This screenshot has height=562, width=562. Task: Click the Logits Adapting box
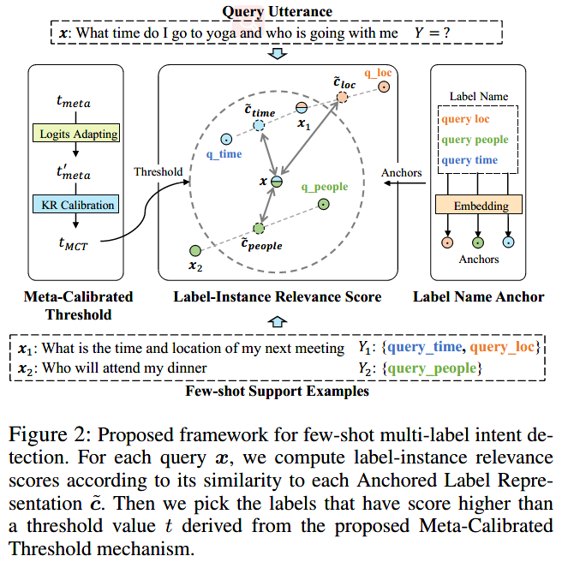tap(76, 135)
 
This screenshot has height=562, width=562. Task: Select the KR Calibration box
tap(76, 205)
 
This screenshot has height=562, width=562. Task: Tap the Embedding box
tap(479, 206)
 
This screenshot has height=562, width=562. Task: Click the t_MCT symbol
tap(74, 245)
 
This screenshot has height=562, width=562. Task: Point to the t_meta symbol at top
tap(74, 102)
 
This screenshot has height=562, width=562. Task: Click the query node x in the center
tap(276, 182)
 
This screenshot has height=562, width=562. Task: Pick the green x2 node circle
tap(194, 249)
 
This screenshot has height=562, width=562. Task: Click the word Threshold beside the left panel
tap(158, 171)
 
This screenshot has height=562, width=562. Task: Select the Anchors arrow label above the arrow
tap(402, 172)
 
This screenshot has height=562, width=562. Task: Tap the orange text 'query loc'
tap(466, 120)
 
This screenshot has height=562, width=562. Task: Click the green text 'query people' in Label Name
tap(475, 140)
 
